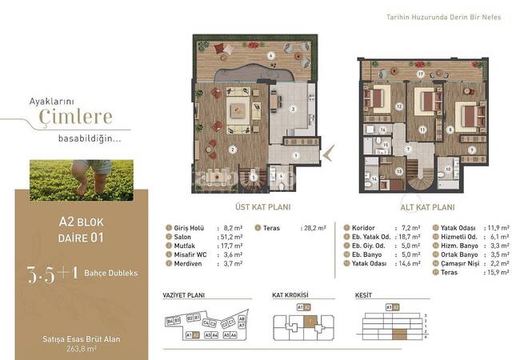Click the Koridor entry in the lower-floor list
pyautogui.click(x=364, y=228)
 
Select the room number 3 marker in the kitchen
pyautogui.click(x=293, y=109)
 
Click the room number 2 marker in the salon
pyautogui.click(x=232, y=149)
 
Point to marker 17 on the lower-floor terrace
pyautogui.click(x=420, y=74)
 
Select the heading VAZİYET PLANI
pyautogui.click(x=181, y=294)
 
